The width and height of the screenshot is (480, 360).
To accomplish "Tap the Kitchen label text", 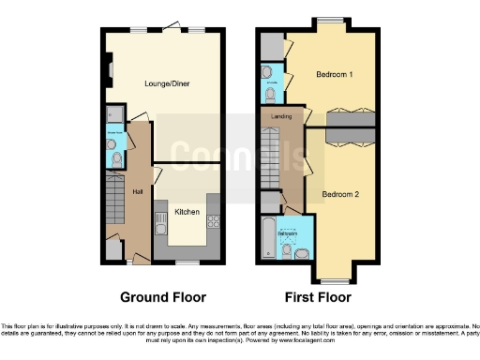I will pyautogui.click(x=187, y=213).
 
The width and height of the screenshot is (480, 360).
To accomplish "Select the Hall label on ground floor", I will pyautogui.click(x=137, y=192).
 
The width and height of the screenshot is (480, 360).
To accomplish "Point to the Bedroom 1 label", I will pyautogui.click(x=334, y=73).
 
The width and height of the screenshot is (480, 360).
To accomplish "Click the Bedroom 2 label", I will pyautogui.click(x=340, y=194).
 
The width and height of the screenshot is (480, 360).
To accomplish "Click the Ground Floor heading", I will pyautogui.click(x=162, y=297).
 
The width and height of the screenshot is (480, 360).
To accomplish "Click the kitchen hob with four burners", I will pyautogui.click(x=213, y=222).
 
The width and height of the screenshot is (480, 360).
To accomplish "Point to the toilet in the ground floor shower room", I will pyautogui.click(x=115, y=160).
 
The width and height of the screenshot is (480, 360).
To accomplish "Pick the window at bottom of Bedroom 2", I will pyautogui.click(x=332, y=278).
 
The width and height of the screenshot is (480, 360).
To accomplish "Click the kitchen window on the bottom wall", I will pyautogui.click(x=185, y=262).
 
